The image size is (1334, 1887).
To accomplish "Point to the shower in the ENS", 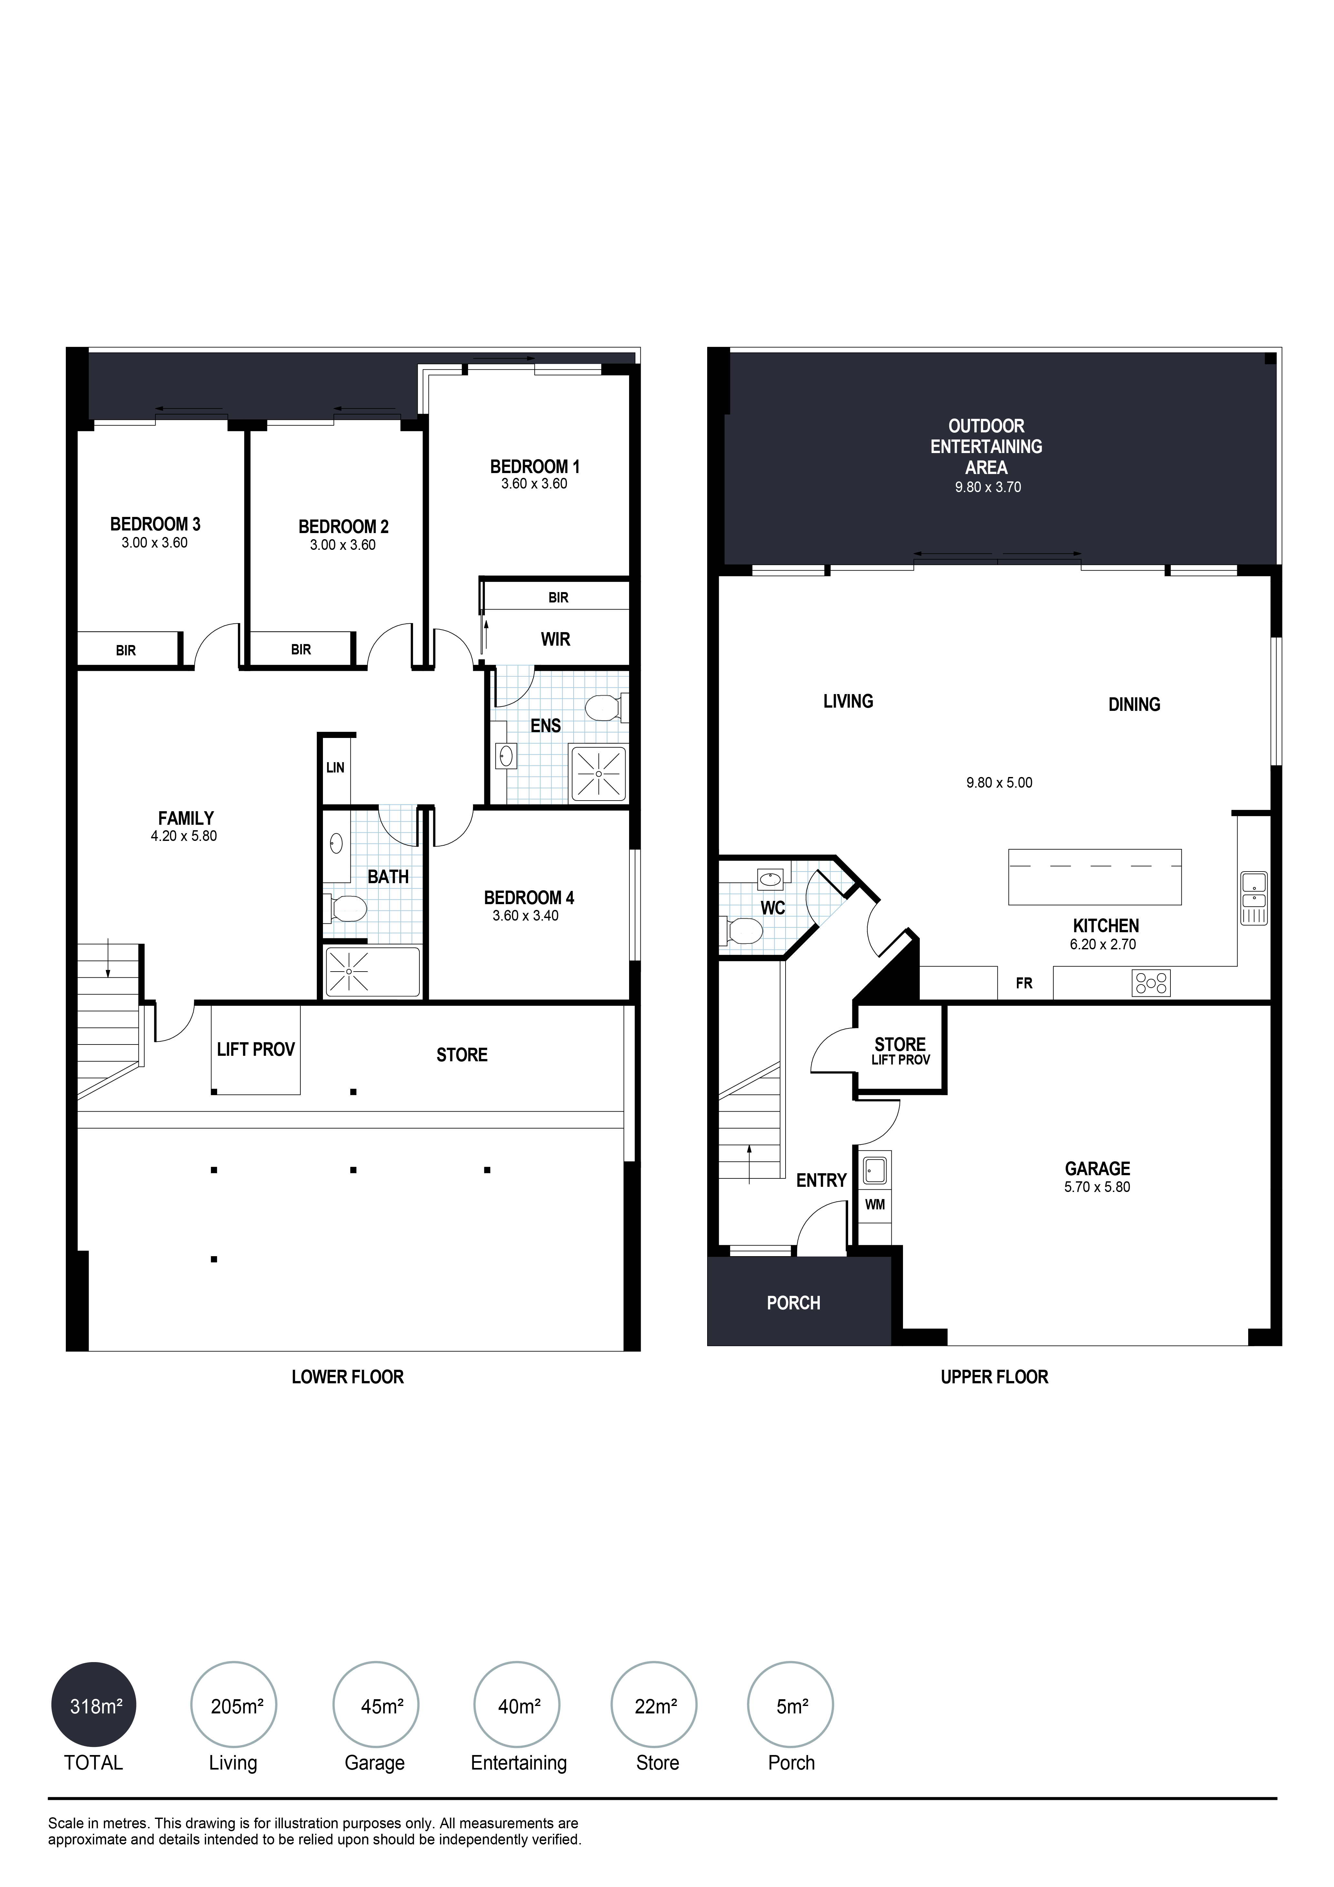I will point(598,773).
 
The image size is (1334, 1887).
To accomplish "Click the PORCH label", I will point(793,1303).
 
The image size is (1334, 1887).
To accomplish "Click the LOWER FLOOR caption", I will point(348,1377).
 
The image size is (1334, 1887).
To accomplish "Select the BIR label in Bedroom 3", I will point(126,650).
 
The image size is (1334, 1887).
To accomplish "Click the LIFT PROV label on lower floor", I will point(256,1050).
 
